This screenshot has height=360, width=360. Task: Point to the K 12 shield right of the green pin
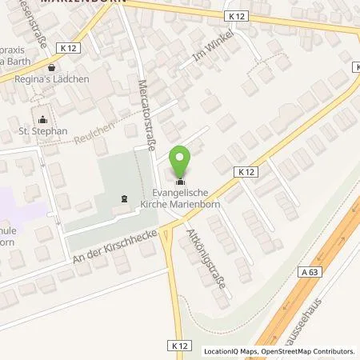(245, 171)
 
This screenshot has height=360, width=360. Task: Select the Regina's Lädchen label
(55, 79)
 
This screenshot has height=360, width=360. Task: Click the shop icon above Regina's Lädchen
(52, 68)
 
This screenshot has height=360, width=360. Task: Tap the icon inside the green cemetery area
(123, 198)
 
